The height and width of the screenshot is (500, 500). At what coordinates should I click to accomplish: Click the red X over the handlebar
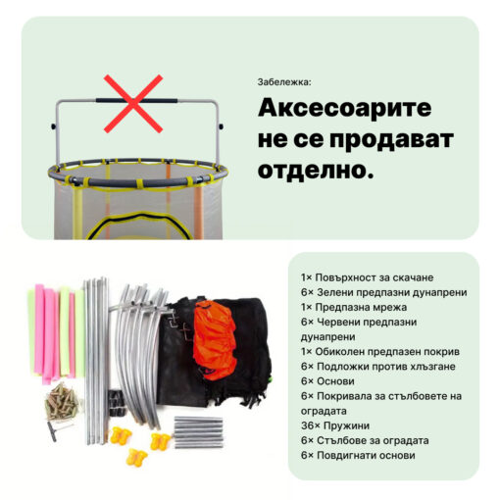(133, 104)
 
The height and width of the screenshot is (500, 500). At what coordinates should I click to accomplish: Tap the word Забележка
(283, 82)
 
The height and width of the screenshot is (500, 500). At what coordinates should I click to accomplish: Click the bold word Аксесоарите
(344, 108)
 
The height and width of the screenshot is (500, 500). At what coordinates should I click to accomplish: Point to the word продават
(391, 140)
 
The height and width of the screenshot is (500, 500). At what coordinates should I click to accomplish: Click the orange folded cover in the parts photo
(214, 341)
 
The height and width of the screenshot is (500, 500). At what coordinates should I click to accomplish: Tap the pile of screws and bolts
(62, 402)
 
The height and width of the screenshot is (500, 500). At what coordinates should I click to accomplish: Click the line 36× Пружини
(335, 425)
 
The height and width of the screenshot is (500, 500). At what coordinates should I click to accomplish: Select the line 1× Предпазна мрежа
(354, 307)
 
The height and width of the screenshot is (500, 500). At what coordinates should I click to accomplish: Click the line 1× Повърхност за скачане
(367, 277)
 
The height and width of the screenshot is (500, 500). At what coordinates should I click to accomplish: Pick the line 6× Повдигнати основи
(358, 455)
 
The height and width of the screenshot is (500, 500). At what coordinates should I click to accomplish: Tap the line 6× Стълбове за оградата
(365, 440)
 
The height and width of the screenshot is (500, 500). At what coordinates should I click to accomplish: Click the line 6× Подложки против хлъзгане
(377, 367)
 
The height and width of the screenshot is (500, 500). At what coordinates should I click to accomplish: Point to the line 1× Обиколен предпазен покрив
(380, 352)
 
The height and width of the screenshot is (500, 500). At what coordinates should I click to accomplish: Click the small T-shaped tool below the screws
(59, 429)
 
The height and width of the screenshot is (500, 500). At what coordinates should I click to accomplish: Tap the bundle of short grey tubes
(198, 432)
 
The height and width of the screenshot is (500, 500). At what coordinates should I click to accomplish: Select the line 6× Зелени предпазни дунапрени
(383, 292)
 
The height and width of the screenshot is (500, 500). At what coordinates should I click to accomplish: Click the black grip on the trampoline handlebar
(136, 100)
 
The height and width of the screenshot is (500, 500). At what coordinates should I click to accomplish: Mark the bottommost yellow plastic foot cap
(136, 457)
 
